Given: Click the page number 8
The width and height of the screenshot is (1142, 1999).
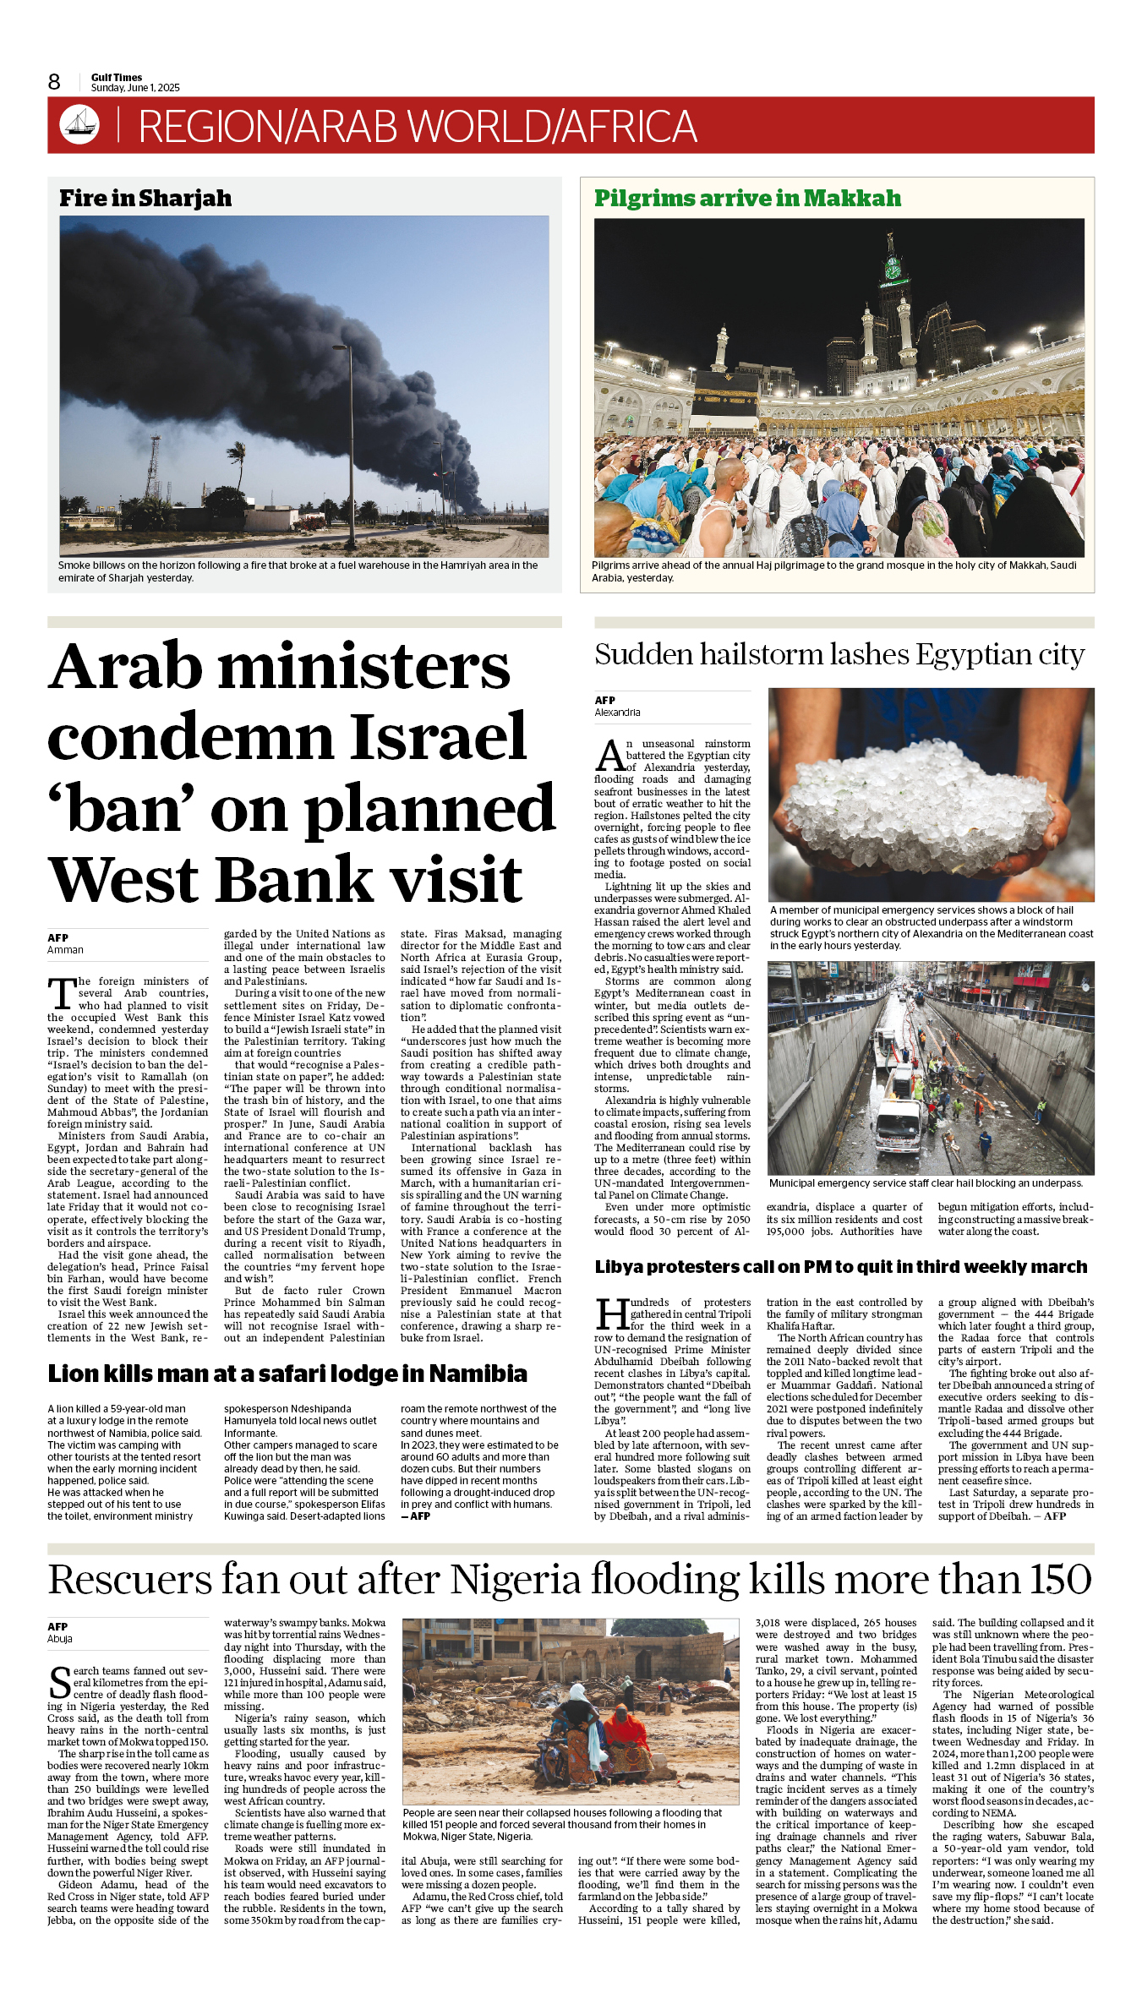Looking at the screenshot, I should tap(54, 82).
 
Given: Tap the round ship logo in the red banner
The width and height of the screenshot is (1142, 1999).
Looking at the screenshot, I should tap(79, 124).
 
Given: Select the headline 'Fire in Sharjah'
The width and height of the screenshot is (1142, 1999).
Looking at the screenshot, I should tap(145, 199).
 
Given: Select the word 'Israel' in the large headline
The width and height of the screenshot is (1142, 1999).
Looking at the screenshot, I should tap(438, 737).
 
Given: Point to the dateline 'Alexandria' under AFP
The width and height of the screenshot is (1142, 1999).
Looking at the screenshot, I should tap(617, 713).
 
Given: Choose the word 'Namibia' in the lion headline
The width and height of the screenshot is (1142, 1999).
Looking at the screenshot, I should tap(478, 1374).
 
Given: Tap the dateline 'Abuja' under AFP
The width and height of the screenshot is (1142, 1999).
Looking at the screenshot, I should tap(60, 1639).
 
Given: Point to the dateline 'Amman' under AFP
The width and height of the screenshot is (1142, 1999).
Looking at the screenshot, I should tap(65, 950).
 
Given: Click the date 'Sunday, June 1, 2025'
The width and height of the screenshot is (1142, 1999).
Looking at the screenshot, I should tap(135, 88).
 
